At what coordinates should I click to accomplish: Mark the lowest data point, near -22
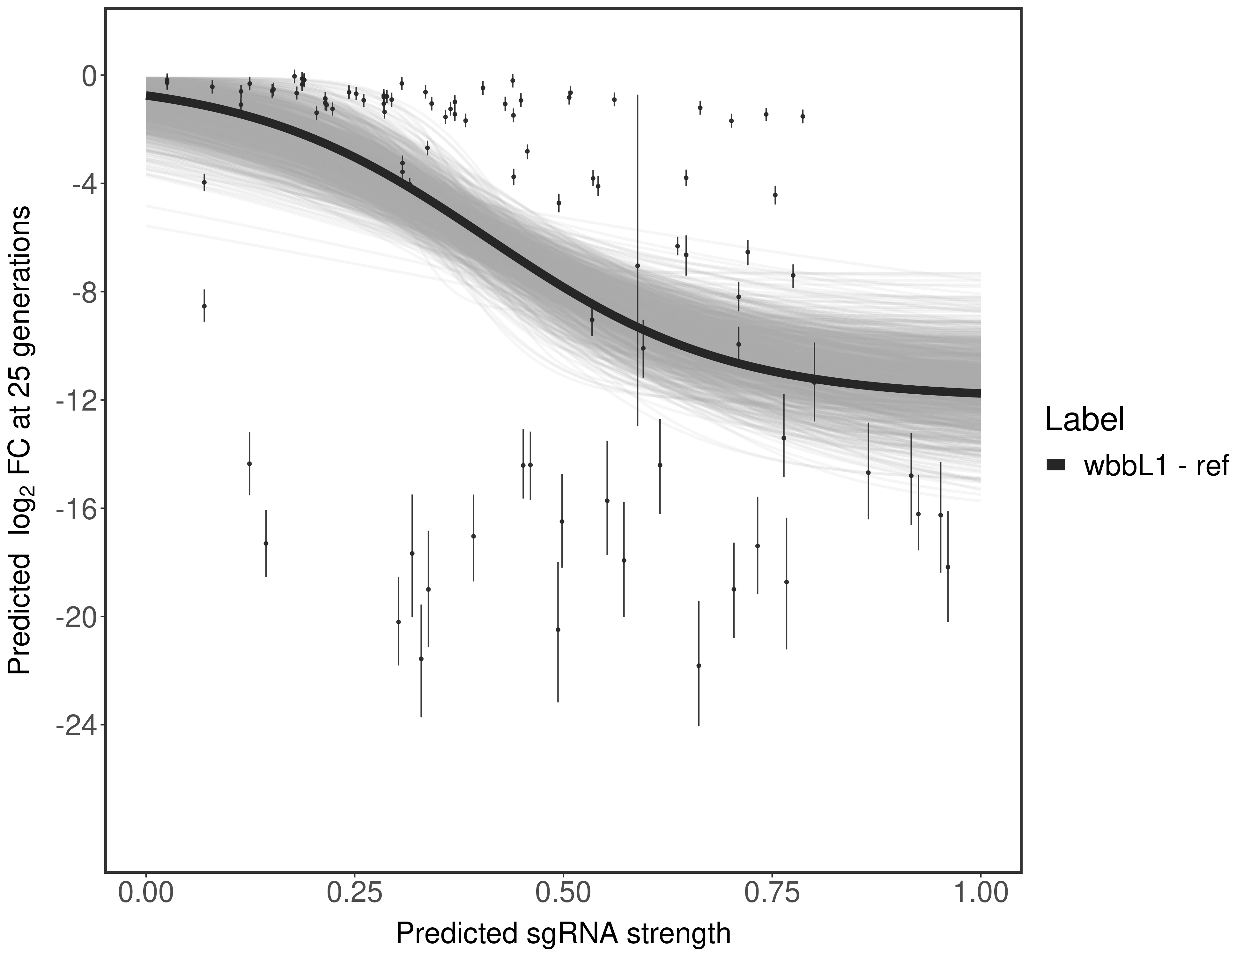pos(698,665)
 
